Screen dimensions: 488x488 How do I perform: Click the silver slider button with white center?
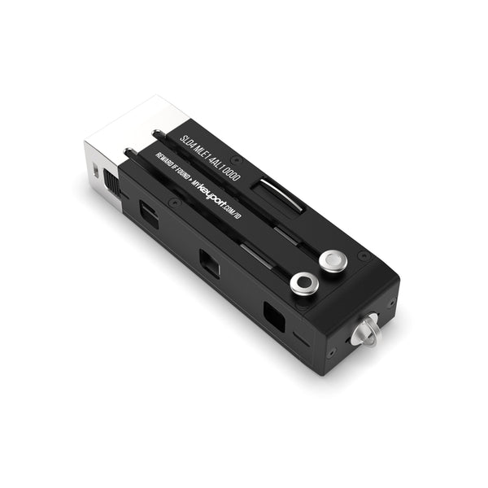coord(333,261)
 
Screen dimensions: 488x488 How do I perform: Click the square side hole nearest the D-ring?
coord(273,316)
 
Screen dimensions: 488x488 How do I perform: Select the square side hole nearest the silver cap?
coord(150,215)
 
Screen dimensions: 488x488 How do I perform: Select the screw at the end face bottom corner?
coord(332,353)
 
